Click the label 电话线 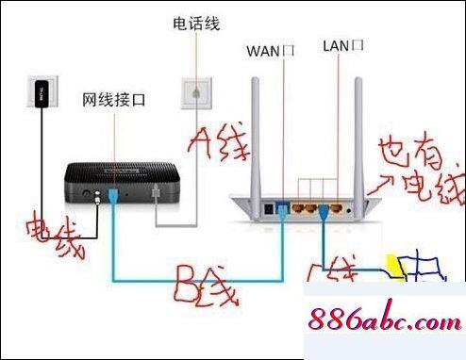point(193,22)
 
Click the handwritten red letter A point(201,144)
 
